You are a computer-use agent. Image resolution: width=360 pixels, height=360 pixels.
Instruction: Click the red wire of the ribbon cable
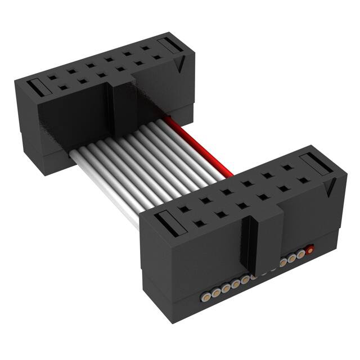202,147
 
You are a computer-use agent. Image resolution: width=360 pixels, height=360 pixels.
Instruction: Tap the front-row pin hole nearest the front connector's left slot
199,224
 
